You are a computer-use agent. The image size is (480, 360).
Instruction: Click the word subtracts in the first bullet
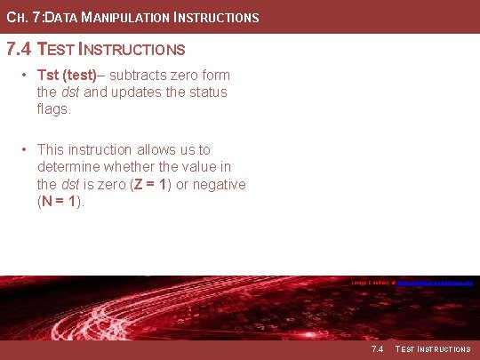coord(140,75)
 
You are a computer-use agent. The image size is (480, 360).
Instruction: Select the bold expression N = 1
coord(61,202)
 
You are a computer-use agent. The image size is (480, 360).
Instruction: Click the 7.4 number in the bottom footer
coord(376,349)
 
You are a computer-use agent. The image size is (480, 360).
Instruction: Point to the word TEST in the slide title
coord(63,49)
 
